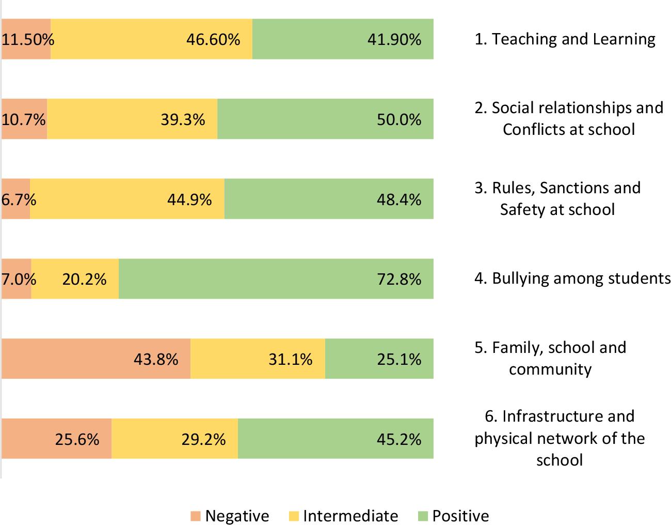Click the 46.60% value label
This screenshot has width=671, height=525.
tap(213, 39)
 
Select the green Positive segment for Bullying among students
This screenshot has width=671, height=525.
tap(276, 279)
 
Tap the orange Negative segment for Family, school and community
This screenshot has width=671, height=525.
tap(95, 359)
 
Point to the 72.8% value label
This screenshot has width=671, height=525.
tap(399, 280)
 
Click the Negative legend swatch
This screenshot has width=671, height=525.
tap(195, 516)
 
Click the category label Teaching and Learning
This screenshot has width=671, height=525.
tap(565, 39)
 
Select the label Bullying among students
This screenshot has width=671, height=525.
tap(572, 278)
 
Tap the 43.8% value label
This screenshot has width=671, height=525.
tap(156, 359)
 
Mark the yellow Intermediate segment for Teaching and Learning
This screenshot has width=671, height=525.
tap(151, 39)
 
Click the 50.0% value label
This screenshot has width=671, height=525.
tap(399, 120)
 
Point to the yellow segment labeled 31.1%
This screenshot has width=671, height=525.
tap(258, 359)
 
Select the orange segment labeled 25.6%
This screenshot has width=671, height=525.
tap(56, 439)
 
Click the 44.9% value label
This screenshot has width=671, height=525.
tap(189, 199)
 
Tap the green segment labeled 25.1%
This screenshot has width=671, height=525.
tap(379, 359)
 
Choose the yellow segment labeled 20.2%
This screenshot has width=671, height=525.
tap(75, 279)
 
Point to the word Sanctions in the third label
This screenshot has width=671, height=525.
tap(572, 188)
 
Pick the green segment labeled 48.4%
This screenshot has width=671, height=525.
tap(329, 199)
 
